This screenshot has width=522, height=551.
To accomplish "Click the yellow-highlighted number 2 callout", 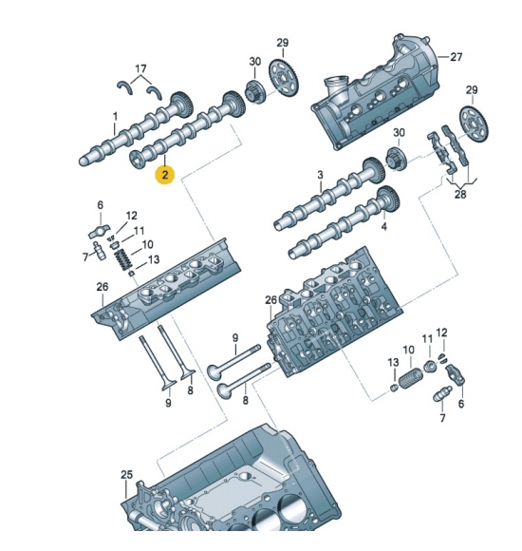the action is tap(165, 174).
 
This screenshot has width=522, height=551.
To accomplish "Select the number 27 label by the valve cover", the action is tap(456, 57).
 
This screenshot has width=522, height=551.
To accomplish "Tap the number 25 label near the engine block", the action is tap(127, 475).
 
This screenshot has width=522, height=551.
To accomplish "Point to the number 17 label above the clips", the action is tap(140, 68).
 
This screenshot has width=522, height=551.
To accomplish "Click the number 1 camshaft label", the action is tap(115, 116).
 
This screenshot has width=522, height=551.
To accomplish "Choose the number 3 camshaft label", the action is tap(320, 175).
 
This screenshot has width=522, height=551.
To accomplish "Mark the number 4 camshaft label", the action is tap(384, 227).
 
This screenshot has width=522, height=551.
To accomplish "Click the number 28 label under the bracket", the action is tap(460, 194).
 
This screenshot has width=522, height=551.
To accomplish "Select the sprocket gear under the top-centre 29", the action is tap(283, 79).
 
